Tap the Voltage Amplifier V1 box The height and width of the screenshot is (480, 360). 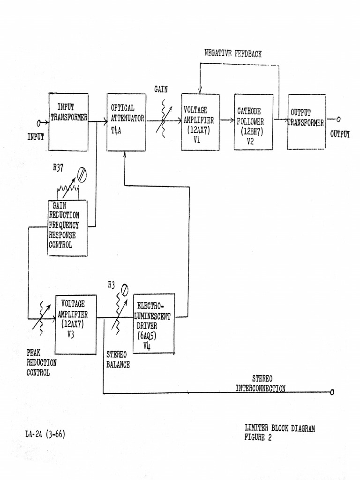(x=201, y=122)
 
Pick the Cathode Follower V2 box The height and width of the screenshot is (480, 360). (x=253, y=122)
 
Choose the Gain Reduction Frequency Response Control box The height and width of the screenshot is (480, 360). (x=67, y=227)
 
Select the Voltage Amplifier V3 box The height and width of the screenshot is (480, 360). (x=76, y=324)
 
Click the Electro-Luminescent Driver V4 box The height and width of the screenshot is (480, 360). (x=154, y=323)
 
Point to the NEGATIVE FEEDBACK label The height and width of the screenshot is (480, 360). (x=233, y=53)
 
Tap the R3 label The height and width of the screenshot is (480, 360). (x=111, y=285)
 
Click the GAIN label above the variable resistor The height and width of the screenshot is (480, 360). (x=161, y=89)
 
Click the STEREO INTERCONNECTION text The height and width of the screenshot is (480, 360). (x=260, y=383)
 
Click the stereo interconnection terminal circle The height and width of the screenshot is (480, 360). (x=332, y=392)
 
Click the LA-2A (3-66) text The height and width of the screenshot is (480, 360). (x=45, y=434)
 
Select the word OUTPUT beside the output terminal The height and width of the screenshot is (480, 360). (x=340, y=134)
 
